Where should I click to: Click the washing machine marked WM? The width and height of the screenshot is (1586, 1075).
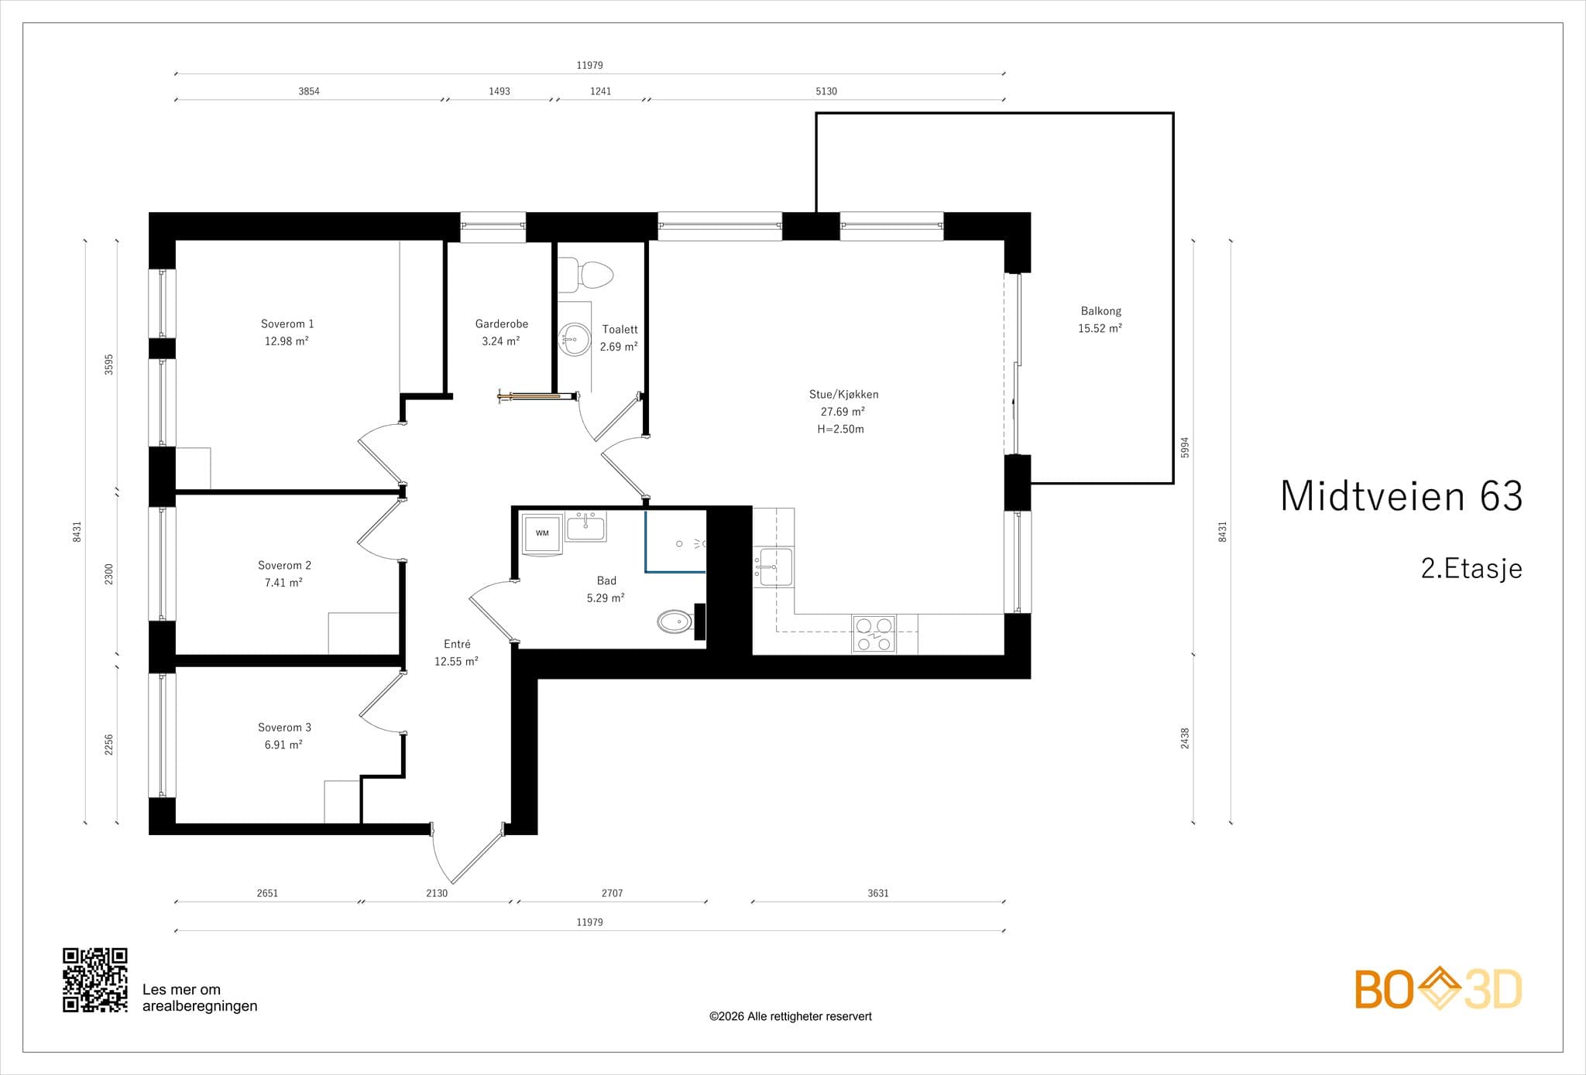click(542, 533)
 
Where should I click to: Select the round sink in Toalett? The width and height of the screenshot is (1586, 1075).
click(574, 339)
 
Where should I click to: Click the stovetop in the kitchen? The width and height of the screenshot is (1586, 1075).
click(874, 634)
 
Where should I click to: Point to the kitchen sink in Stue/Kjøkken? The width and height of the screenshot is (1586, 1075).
click(773, 567)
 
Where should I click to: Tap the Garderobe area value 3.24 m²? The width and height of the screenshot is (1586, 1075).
click(501, 341)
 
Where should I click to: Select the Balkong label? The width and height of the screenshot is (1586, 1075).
click(1100, 311)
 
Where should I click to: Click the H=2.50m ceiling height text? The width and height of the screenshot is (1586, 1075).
click(841, 430)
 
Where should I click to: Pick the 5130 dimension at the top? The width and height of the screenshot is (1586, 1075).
click(826, 91)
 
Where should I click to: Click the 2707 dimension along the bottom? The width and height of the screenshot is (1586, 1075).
click(612, 893)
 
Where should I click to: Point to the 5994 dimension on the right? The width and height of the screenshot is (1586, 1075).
click(1184, 447)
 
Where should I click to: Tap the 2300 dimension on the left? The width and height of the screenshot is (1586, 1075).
click(109, 574)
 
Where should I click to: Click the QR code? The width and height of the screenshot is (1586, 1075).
click(95, 980)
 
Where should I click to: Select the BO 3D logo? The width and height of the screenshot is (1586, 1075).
click(1438, 988)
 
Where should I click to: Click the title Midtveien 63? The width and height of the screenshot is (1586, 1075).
click(1402, 496)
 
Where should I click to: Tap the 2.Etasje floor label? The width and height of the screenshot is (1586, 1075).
click(1471, 569)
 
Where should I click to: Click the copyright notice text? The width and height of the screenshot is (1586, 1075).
click(791, 1016)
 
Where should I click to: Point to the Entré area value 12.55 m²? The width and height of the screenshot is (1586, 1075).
click(456, 662)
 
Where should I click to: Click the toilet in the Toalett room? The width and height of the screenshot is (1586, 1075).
click(586, 275)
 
